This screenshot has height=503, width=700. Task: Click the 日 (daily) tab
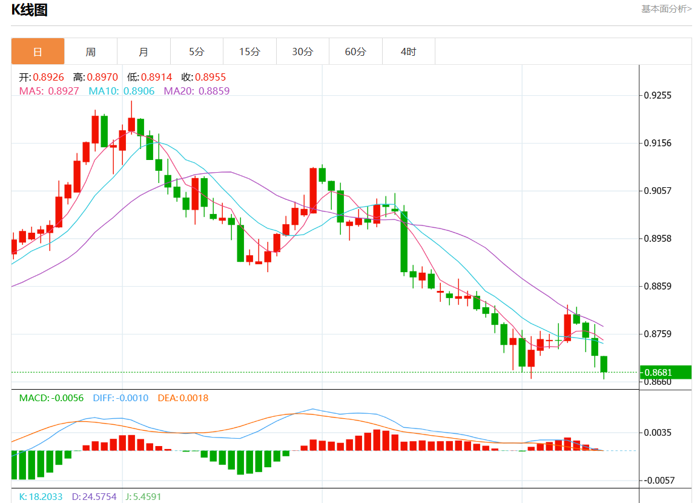point(38,52)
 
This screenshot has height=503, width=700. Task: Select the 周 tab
point(90,52)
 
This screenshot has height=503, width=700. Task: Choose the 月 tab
point(144,52)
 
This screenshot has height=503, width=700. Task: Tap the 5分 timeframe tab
point(196,52)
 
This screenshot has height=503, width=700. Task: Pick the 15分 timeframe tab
point(249,52)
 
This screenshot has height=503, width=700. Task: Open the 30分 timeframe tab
point(302,52)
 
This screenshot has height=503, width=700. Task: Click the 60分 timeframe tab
point(355,52)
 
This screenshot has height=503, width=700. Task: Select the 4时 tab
point(408,52)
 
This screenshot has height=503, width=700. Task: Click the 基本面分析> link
point(666,9)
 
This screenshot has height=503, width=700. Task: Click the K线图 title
point(30,10)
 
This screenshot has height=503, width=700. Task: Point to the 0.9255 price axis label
point(658,96)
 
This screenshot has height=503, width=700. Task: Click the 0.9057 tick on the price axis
point(658,191)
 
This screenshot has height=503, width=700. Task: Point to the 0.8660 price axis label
point(658,382)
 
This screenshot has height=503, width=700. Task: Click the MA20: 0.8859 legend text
point(197,91)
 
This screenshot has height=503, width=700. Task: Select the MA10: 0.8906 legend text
point(122,91)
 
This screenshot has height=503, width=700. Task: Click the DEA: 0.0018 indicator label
point(183,398)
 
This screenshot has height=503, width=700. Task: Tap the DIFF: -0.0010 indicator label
point(121,398)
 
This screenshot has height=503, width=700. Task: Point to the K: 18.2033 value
point(41,496)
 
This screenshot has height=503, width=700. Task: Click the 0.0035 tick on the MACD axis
point(658,433)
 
